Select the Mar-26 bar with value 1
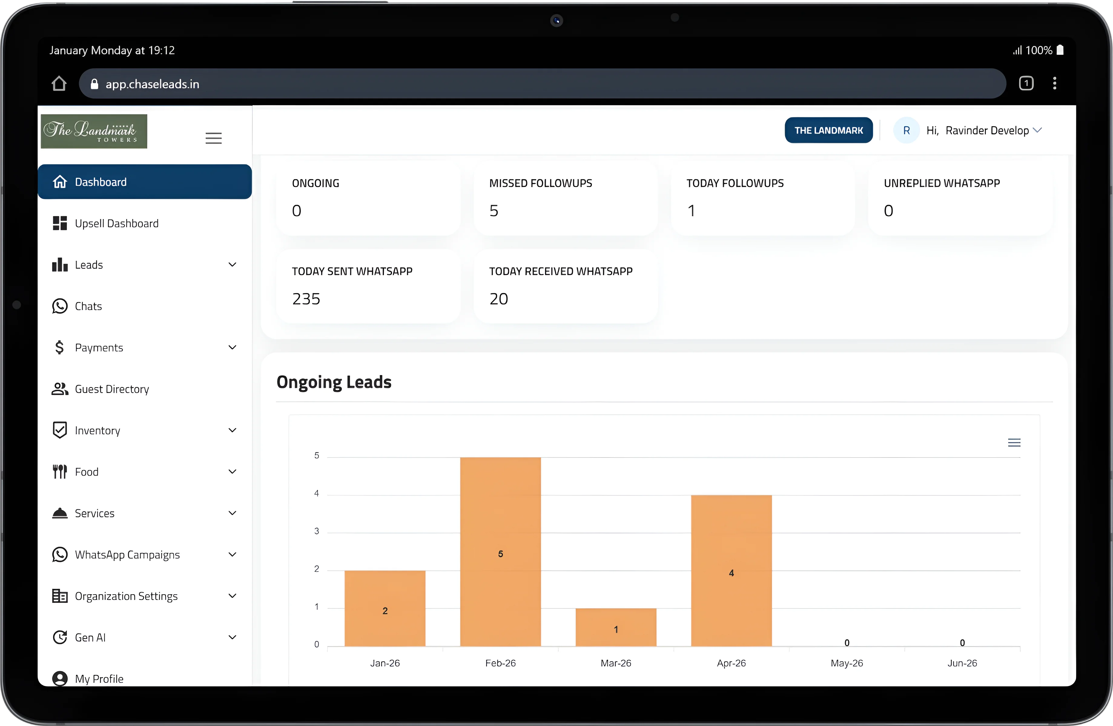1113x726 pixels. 616,627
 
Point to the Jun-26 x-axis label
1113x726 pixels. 962,663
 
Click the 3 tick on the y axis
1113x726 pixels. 317,531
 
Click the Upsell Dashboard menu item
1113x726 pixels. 117,223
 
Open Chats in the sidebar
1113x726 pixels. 88,306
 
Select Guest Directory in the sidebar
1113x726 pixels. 112,389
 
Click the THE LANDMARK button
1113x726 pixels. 828,130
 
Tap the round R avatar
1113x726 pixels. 906,130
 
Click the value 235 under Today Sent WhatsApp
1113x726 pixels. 306,299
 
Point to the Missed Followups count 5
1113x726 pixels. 494,211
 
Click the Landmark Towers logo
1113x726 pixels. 94,131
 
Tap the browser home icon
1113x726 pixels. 59,84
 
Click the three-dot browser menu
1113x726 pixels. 1055,83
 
